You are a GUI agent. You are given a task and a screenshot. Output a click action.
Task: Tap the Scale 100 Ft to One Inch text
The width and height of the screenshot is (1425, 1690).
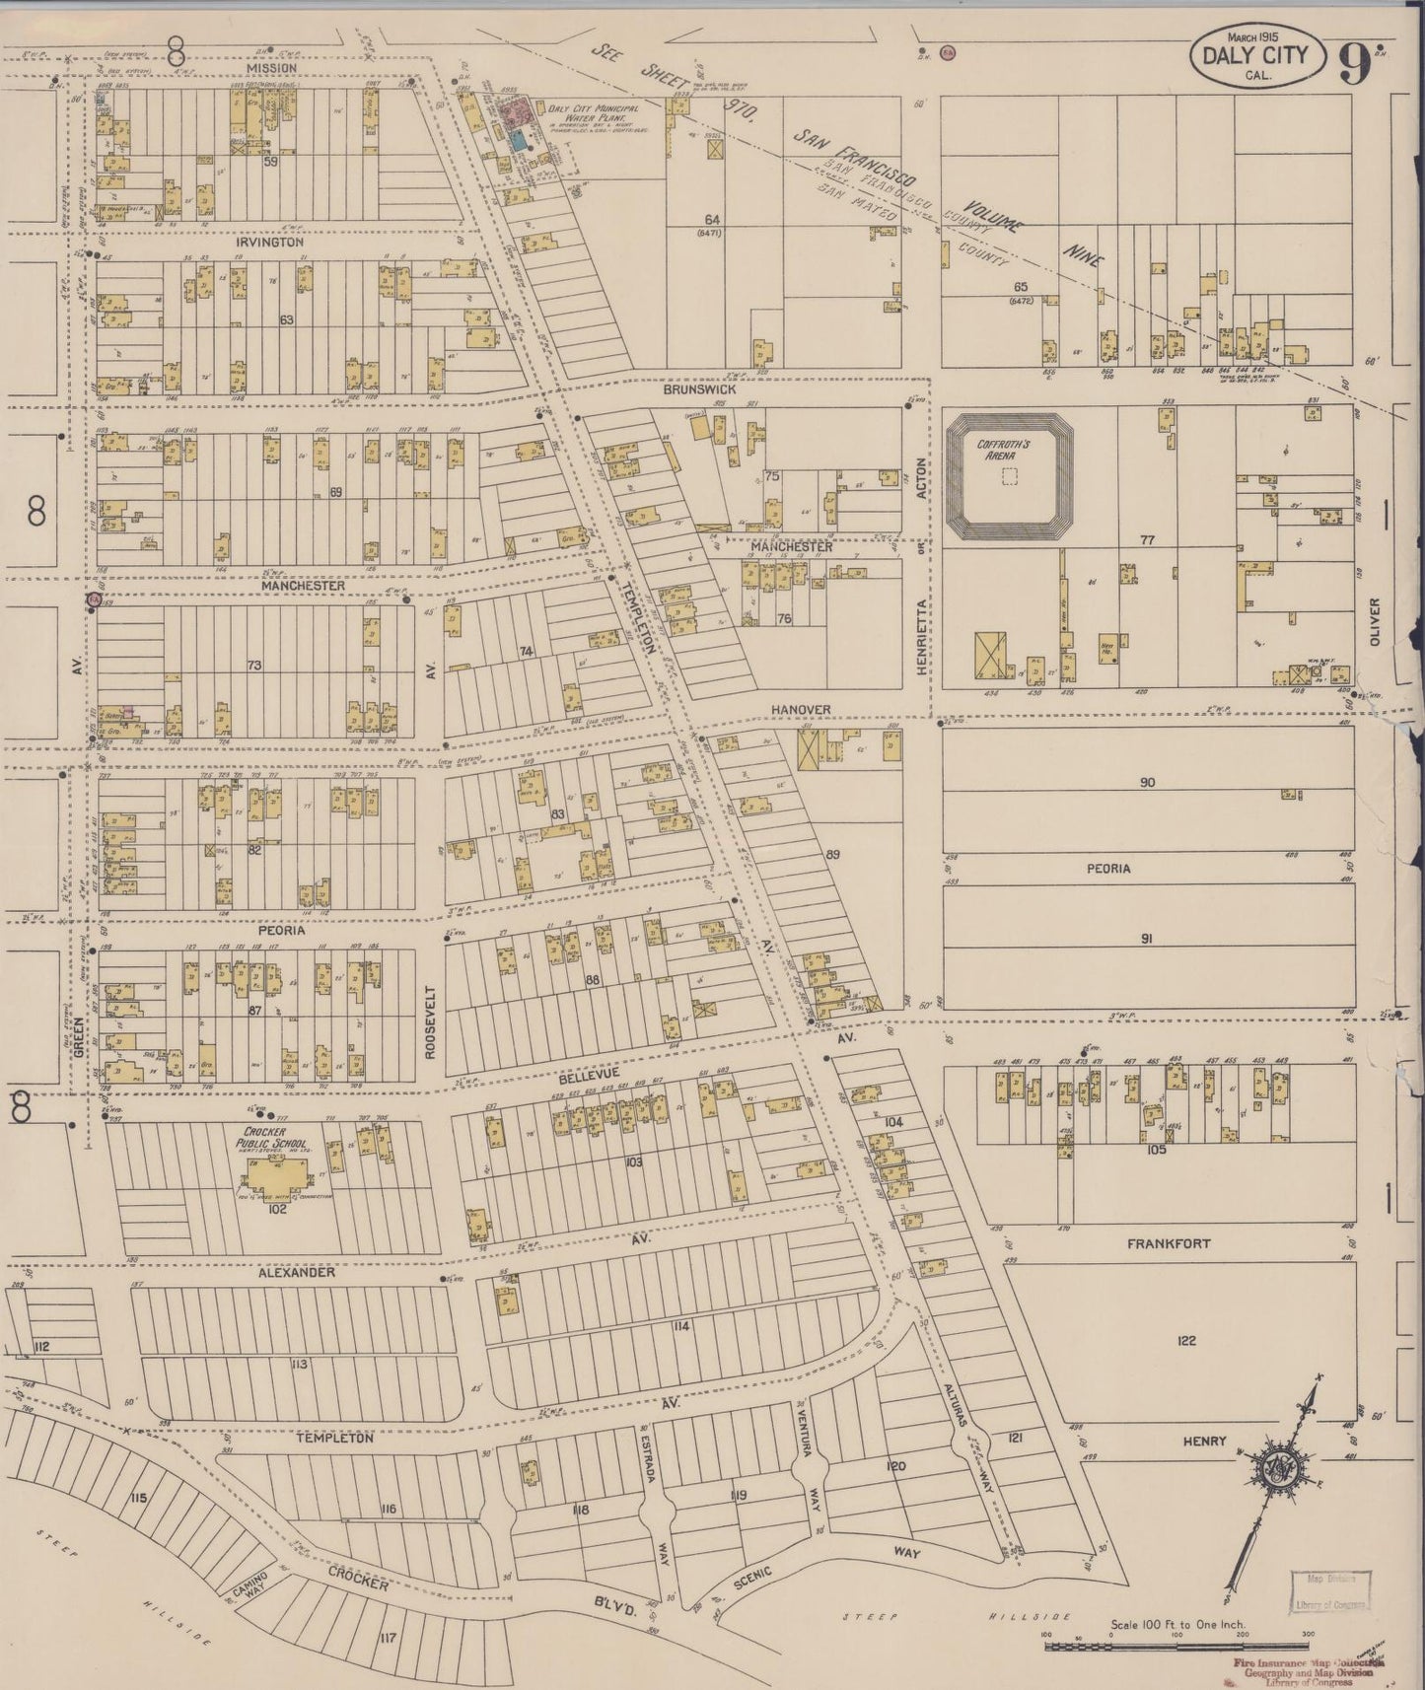pyautogui.click(x=1177, y=1623)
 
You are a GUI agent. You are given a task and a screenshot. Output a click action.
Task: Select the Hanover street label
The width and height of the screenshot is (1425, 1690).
pyautogui.click(x=801, y=709)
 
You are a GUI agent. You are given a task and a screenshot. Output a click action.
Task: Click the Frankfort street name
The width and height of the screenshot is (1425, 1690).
pyautogui.click(x=1168, y=1244)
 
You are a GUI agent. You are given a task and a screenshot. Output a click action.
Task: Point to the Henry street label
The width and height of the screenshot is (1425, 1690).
pyautogui.click(x=1205, y=1441)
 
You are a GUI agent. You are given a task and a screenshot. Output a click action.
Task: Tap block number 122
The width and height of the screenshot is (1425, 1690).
pyautogui.click(x=1186, y=1340)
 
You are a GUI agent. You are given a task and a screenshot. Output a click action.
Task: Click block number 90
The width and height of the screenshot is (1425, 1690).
pyautogui.click(x=1146, y=783)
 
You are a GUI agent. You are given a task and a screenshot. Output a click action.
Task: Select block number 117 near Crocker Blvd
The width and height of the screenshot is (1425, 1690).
pyautogui.click(x=387, y=1639)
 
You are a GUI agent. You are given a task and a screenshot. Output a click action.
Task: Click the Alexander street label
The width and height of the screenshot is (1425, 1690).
pyautogui.click(x=297, y=1273)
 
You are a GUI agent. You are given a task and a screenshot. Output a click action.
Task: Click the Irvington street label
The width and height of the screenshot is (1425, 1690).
pyautogui.click(x=269, y=242)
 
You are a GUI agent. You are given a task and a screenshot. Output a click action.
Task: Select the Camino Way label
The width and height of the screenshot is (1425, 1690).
pyautogui.click(x=244, y=1588)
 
